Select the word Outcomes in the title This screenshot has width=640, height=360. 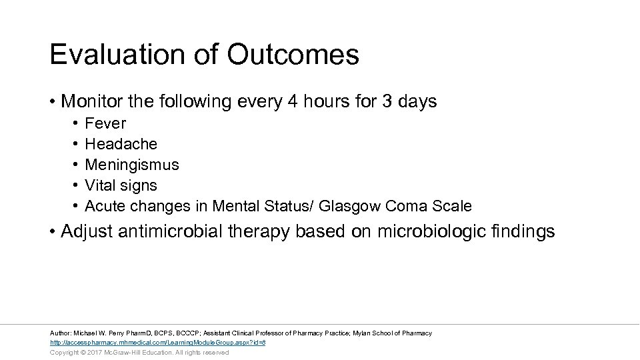click(293, 55)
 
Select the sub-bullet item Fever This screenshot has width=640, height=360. click(105, 123)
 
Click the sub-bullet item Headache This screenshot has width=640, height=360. click(121, 144)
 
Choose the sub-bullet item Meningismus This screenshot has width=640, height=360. click(132, 165)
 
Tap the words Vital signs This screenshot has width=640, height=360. click(121, 185)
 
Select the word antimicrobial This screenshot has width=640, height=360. click(178, 231)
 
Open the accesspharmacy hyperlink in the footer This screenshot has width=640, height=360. click(158, 343)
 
